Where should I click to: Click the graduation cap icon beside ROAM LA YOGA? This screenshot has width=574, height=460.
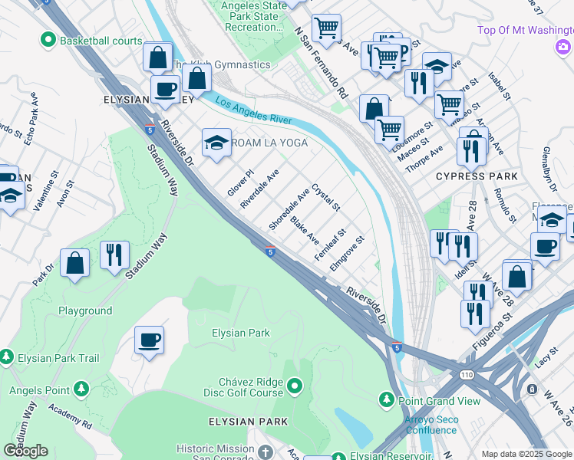[217, 143]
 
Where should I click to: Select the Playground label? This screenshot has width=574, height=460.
[85, 310]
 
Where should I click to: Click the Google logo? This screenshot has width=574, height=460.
[25, 451]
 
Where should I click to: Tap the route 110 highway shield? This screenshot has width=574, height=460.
[467, 375]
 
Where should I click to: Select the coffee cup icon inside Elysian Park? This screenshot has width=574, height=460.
[149, 340]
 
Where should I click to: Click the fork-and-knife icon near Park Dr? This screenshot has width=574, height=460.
[114, 255]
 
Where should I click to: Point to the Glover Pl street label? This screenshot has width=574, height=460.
[239, 182]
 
